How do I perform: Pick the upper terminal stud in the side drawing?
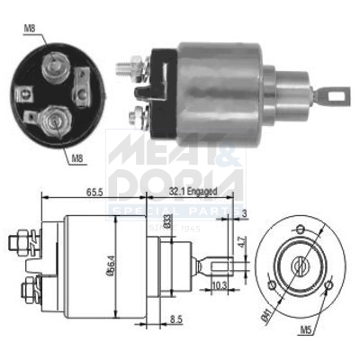20,243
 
